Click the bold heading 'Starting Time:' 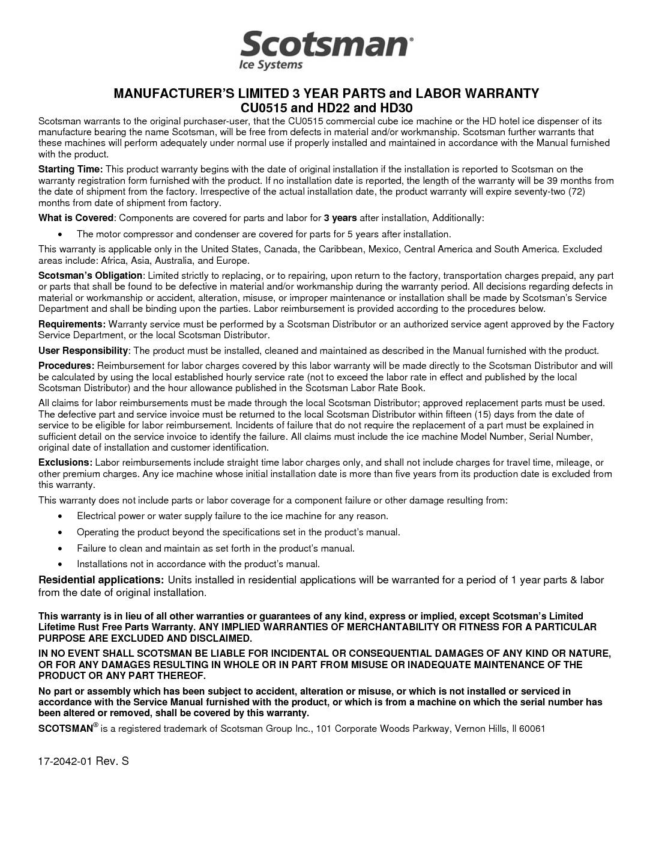(x=70, y=169)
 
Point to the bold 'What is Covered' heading (x=76, y=218)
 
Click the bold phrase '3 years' (x=340, y=218)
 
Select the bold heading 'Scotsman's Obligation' (x=90, y=276)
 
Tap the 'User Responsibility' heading (x=83, y=351)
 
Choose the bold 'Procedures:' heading (x=66, y=366)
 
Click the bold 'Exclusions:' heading (x=65, y=463)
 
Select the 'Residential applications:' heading (x=101, y=580)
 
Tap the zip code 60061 (x=532, y=729)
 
